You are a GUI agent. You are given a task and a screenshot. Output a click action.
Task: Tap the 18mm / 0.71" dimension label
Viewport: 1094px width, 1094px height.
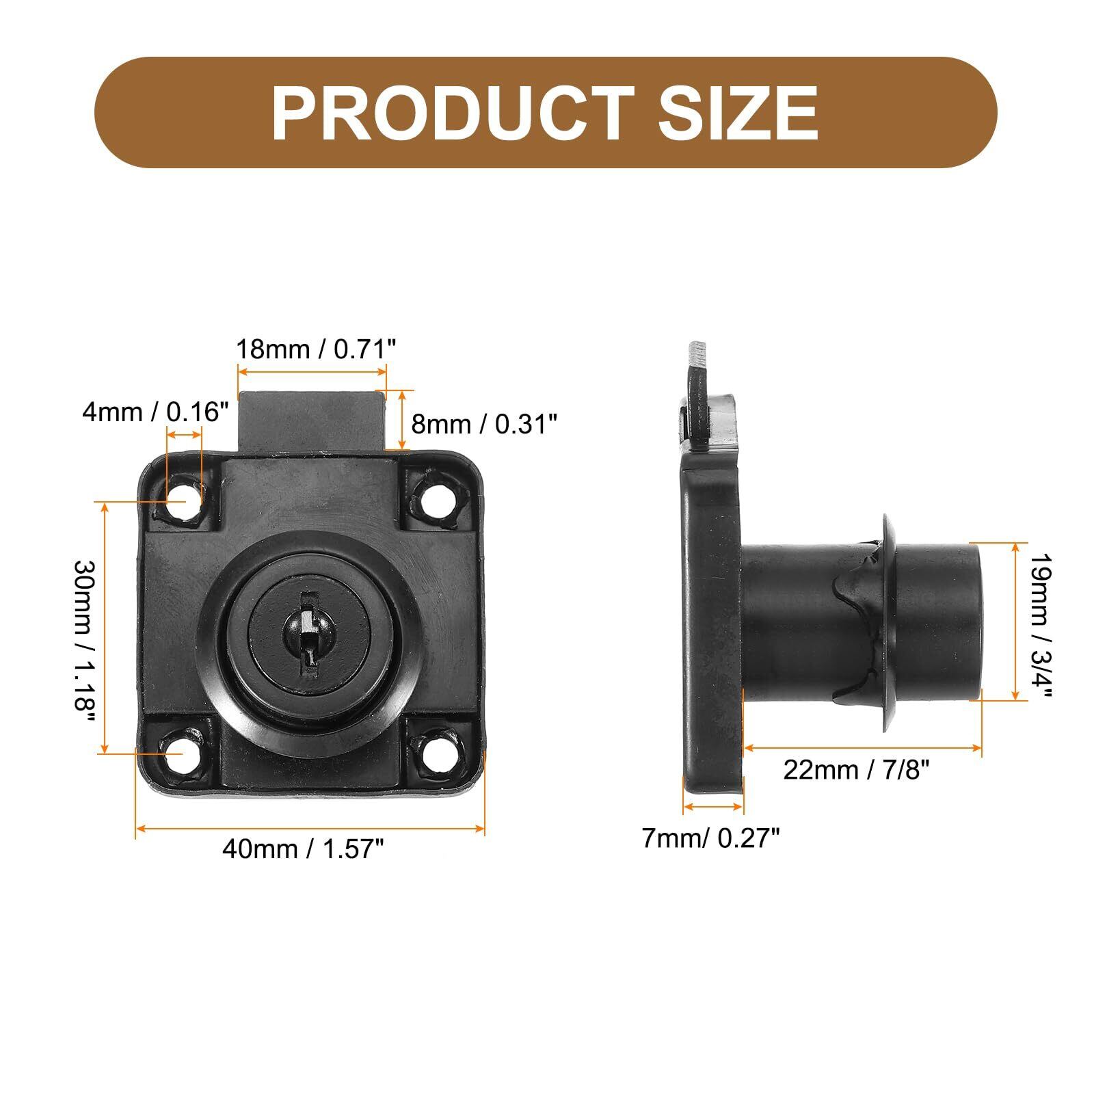click(x=316, y=349)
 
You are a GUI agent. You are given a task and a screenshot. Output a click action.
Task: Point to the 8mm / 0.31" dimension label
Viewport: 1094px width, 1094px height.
click(x=484, y=425)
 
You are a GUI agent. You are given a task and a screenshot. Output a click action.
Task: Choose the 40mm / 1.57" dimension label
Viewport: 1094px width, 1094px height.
click(x=303, y=849)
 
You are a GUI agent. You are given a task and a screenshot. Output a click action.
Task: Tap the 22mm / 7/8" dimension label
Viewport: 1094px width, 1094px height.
click(x=857, y=771)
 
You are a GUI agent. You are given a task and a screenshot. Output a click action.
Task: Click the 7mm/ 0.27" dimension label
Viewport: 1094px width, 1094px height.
click(x=710, y=838)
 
